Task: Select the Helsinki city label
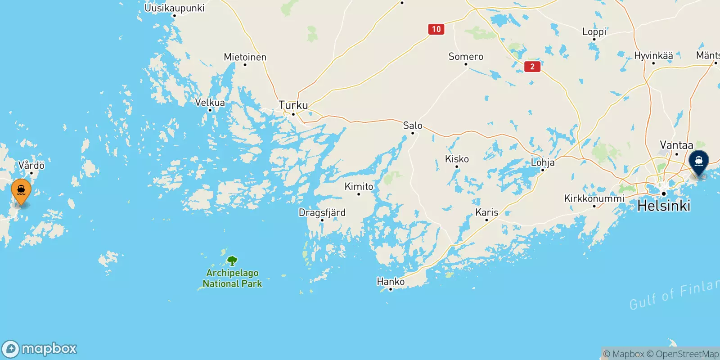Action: tap(664, 206)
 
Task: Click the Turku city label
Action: tap(293, 105)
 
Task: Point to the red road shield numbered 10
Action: tap(436, 29)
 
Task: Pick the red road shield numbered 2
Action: tap(532, 67)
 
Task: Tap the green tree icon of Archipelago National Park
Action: tap(232, 261)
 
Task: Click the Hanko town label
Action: tap(391, 282)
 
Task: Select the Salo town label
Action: tap(413, 126)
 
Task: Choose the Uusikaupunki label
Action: tap(175, 8)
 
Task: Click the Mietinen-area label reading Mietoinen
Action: tap(245, 57)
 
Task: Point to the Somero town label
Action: tap(466, 57)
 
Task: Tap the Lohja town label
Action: tap(543, 162)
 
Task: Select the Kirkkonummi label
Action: tap(594, 199)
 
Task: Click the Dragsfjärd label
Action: tap(322, 212)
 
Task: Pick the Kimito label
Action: tap(359, 186)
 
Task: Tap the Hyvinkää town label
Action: tap(653, 56)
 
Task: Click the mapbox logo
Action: tap(40, 349)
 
